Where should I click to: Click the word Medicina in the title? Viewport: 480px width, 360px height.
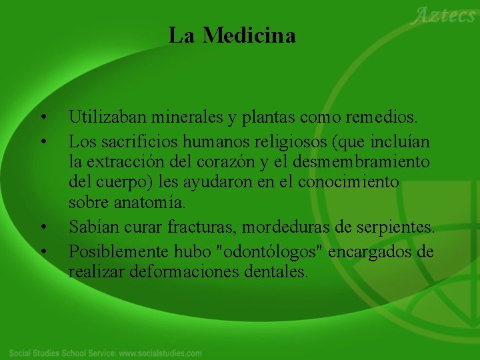pos(249,35)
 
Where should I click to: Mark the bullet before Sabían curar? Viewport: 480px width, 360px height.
pos(43,228)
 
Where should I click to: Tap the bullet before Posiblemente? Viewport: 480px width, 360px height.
pos(43,252)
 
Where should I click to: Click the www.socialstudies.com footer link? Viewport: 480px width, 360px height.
pos(160,352)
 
